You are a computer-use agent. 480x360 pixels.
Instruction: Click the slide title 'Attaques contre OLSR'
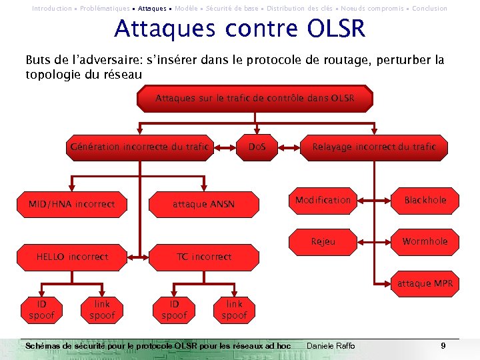[240, 29]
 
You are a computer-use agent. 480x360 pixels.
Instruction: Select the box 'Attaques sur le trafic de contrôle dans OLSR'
[255, 99]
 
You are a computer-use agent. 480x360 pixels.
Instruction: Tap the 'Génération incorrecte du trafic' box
[139, 147]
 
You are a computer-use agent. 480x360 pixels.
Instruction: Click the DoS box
[257, 147]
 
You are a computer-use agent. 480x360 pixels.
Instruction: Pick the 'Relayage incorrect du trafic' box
[374, 147]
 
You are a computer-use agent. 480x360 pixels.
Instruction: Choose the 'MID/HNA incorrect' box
[71, 204]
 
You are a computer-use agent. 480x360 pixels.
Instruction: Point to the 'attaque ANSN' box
[203, 204]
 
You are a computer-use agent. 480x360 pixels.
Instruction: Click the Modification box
[323, 200]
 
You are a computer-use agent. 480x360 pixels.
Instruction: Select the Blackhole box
[425, 200]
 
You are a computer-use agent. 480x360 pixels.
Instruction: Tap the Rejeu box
[324, 241]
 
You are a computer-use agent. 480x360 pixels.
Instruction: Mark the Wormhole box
[425, 241]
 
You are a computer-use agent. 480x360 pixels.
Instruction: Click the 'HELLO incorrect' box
[72, 257]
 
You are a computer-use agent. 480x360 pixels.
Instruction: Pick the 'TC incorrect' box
[203, 257]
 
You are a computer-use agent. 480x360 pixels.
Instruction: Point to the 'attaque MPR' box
[425, 283]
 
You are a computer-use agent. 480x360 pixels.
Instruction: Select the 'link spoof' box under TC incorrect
[234, 309]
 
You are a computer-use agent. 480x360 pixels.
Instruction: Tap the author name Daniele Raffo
[331, 346]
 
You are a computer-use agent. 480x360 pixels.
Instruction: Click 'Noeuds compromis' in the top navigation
[374, 9]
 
